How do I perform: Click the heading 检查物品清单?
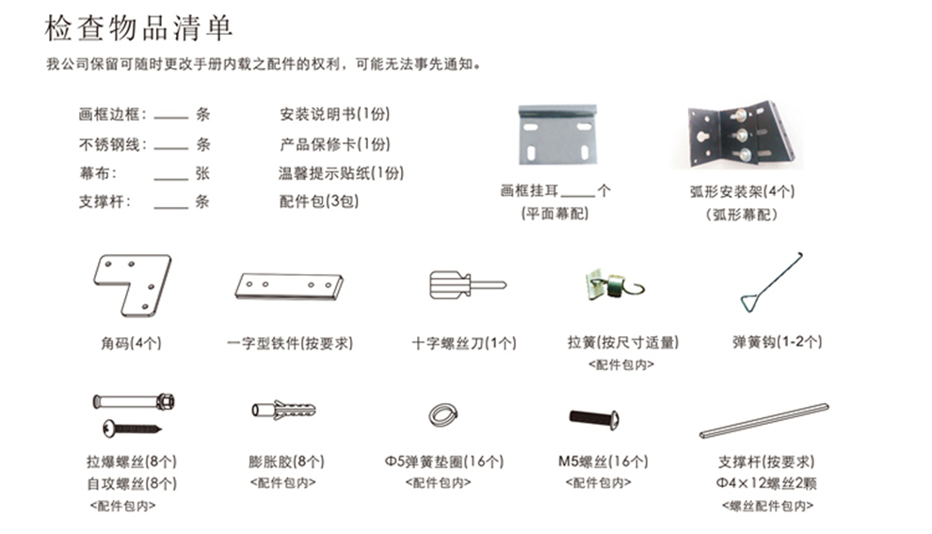tap(138, 27)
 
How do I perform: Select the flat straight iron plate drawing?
tap(289, 285)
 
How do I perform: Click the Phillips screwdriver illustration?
tap(465, 283)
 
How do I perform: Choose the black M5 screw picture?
tap(594, 417)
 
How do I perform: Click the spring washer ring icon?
tap(441, 415)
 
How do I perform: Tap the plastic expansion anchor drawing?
tap(283, 410)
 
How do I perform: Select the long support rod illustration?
tap(763, 421)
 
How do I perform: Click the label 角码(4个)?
tap(131, 343)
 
